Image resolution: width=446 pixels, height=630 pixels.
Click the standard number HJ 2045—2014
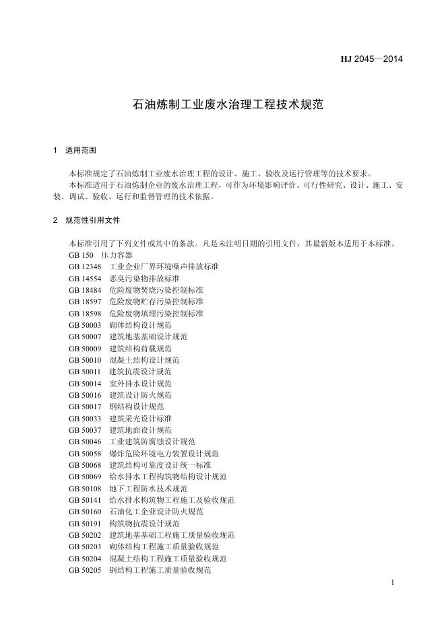pyautogui.click(x=371, y=59)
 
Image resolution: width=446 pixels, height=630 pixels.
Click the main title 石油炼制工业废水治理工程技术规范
pyautogui.click(x=223, y=105)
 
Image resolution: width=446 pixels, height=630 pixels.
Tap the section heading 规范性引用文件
pyautogui.click(x=93, y=220)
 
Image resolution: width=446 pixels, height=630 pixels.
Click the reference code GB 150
pyautogui.click(x=80, y=255)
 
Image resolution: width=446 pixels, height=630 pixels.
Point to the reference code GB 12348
pyautogui.click(x=85, y=267)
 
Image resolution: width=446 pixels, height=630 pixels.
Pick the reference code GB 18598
pyautogui.click(x=85, y=314)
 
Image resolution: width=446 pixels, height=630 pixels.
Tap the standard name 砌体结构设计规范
pyautogui.click(x=140, y=325)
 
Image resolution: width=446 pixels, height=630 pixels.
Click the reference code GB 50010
pyautogui.click(x=85, y=360)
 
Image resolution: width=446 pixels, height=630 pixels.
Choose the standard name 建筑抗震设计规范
pyautogui.click(x=140, y=372)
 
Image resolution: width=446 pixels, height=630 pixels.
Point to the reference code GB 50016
pyautogui.click(x=85, y=395)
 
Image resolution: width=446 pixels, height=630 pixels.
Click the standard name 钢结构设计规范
pyautogui.click(x=136, y=407)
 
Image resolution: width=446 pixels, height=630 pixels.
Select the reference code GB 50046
pyautogui.click(x=85, y=442)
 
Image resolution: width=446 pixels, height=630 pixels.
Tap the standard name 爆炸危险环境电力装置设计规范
pyautogui.click(x=164, y=454)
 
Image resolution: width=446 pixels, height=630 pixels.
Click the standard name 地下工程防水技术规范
pyautogui.click(x=148, y=489)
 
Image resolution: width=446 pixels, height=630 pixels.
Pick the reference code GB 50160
pyautogui.click(x=85, y=512)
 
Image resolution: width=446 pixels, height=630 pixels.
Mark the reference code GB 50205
pyautogui.click(x=85, y=570)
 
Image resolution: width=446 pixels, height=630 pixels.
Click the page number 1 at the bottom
pyautogui.click(x=392, y=582)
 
